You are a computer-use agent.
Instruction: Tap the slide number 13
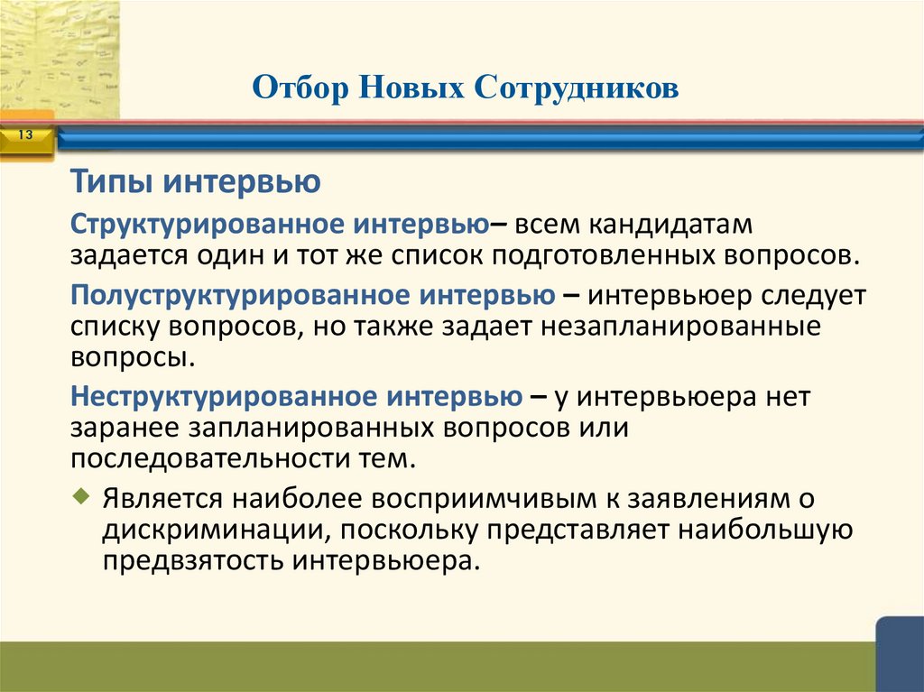[24, 135]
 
